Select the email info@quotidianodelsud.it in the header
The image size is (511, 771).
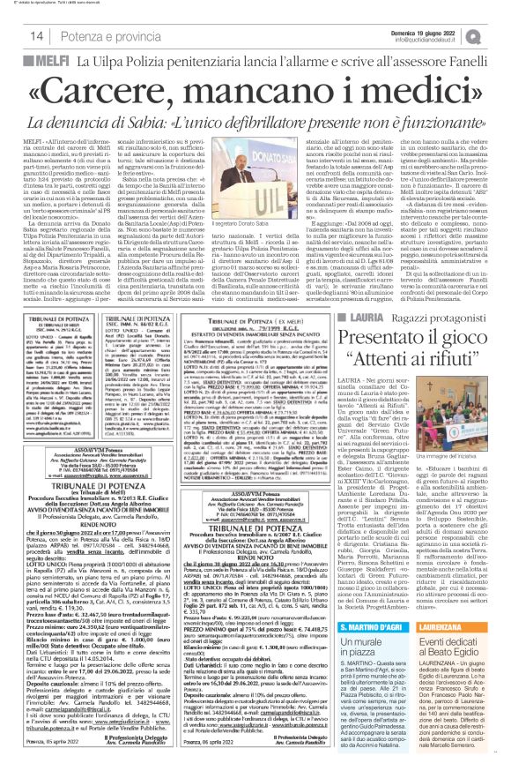tap(441, 39)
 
